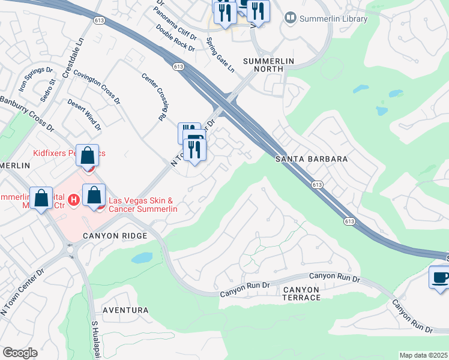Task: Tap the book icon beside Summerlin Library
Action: point(291,19)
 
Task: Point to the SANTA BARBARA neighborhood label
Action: point(312,159)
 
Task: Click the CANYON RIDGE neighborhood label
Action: point(115,236)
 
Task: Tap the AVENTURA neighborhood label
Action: point(125,310)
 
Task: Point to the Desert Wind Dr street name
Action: point(84,115)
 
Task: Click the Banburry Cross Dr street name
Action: point(26,114)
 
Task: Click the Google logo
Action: point(20,353)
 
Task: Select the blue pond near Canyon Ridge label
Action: point(142,258)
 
